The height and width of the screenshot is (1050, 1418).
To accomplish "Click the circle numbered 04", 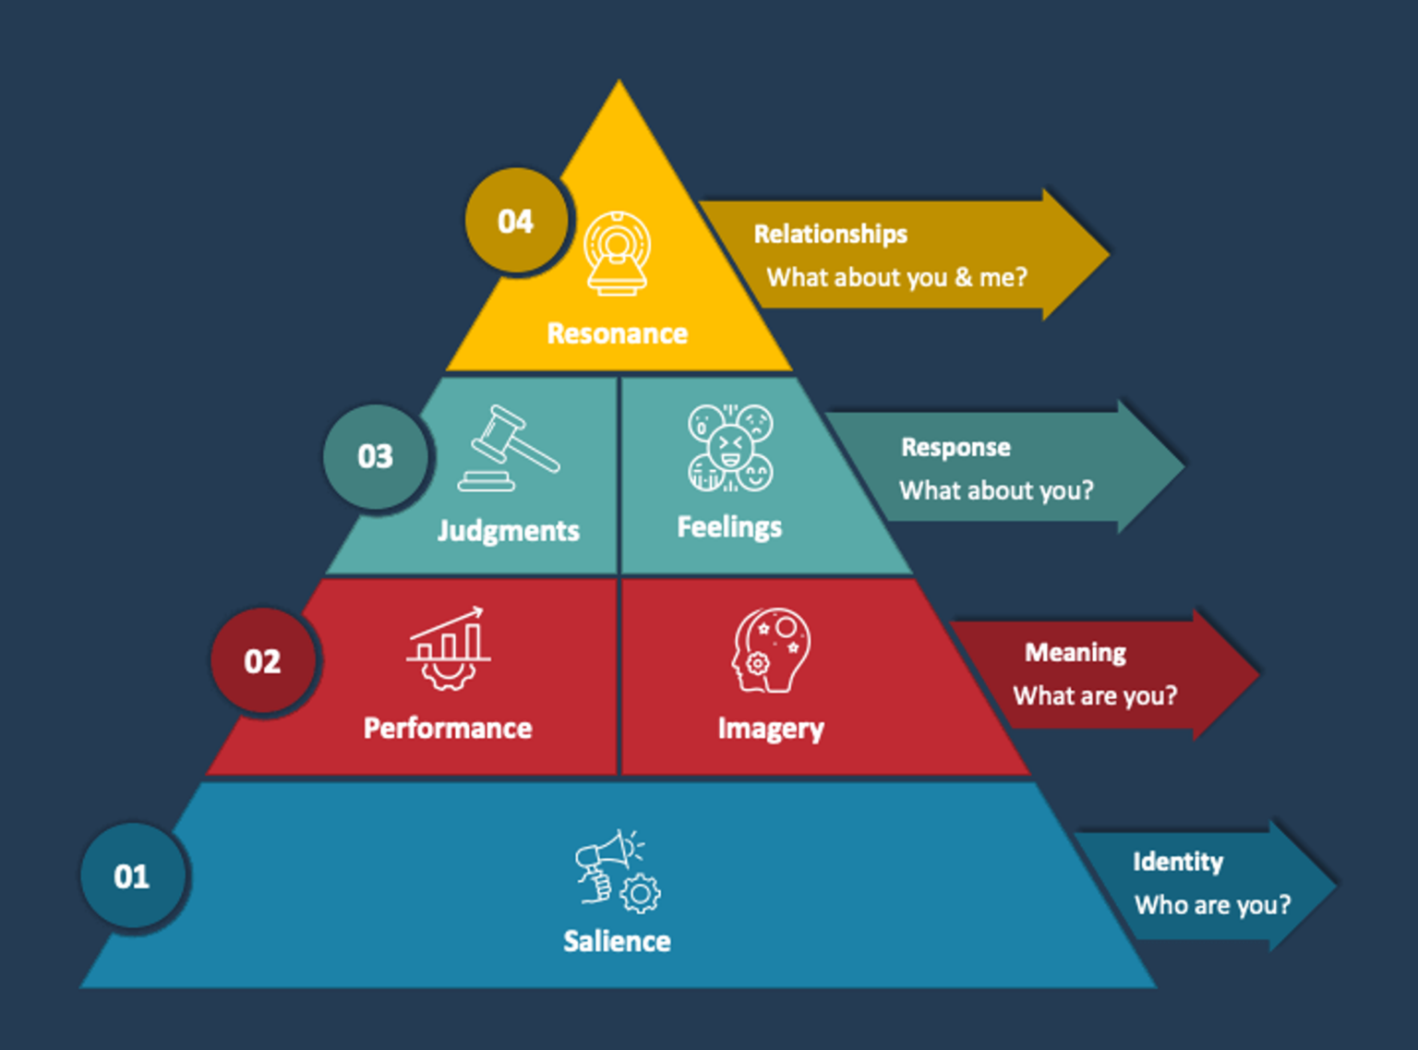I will [x=515, y=221].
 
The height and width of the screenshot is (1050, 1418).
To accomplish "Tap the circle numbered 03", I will [x=375, y=456].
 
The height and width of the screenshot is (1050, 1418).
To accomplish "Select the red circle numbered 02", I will [x=262, y=661].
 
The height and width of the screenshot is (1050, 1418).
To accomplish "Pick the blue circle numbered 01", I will [x=132, y=875].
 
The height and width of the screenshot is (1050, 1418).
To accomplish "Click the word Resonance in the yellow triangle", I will [x=617, y=333].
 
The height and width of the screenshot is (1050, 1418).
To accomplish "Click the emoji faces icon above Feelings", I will [x=729, y=448].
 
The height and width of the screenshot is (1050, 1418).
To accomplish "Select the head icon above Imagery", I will [x=772, y=650].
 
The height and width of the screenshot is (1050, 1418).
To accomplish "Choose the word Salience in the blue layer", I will [x=617, y=941].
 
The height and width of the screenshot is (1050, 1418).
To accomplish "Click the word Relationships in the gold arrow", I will [x=830, y=234].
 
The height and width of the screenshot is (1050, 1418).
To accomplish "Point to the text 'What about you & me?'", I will [x=896, y=277].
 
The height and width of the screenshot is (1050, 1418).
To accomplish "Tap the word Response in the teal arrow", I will [x=955, y=447].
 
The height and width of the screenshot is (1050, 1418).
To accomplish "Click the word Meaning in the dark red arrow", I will [x=1075, y=652].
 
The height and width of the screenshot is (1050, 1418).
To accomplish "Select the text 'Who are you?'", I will [x=1212, y=905].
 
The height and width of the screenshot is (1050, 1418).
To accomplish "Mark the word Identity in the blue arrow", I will [x=1177, y=862].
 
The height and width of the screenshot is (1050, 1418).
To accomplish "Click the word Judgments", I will [x=508, y=530].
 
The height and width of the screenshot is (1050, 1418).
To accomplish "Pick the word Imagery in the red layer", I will [x=771, y=729].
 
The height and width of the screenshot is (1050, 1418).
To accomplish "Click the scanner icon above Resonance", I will [x=617, y=252].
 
